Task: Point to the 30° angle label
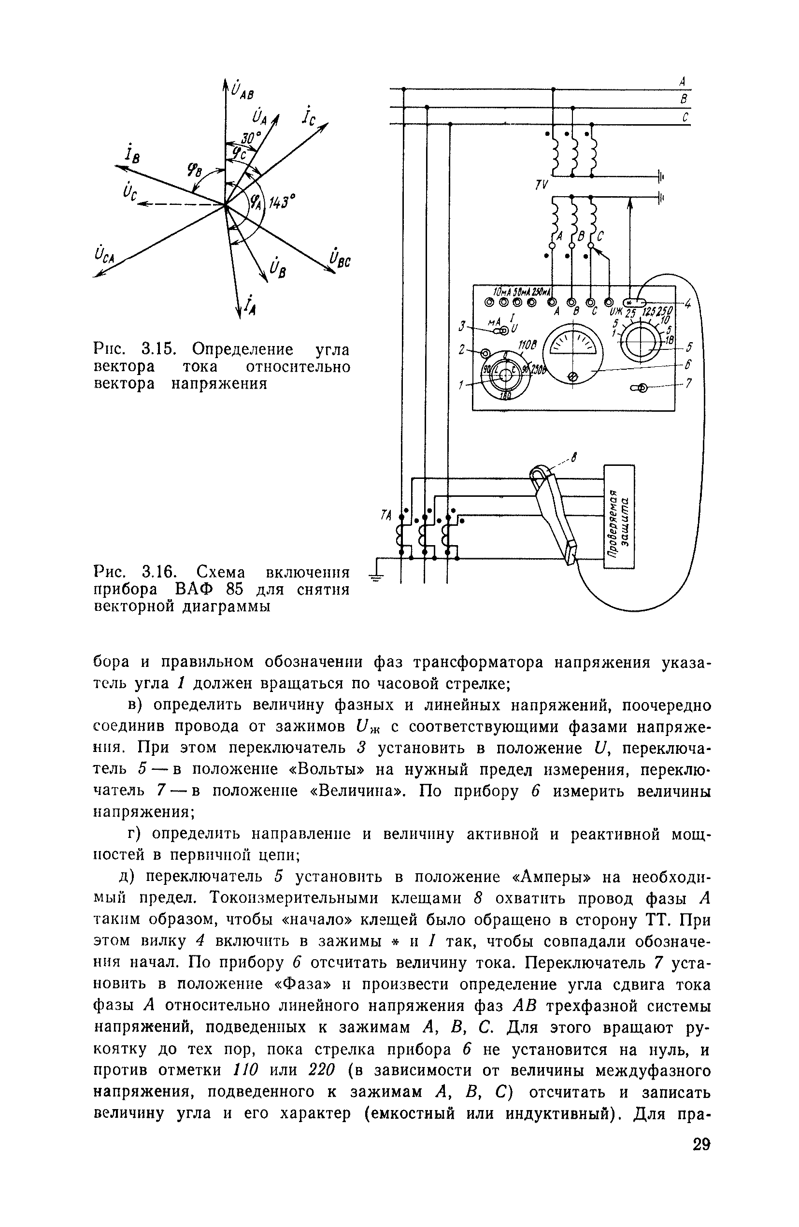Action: pyautogui.click(x=251, y=138)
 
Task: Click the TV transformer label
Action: pyautogui.click(x=541, y=185)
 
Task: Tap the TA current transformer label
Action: pyautogui.click(x=386, y=515)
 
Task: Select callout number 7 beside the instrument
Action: pyautogui.click(x=688, y=384)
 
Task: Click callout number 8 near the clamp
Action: pyautogui.click(x=574, y=457)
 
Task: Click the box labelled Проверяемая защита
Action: pyautogui.click(x=619, y=516)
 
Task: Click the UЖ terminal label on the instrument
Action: pyautogui.click(x=615, y=312)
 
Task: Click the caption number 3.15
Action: pyautogui.click(x=159, y=350)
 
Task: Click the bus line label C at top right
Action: pyautogui.click(x=685, y=118)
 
